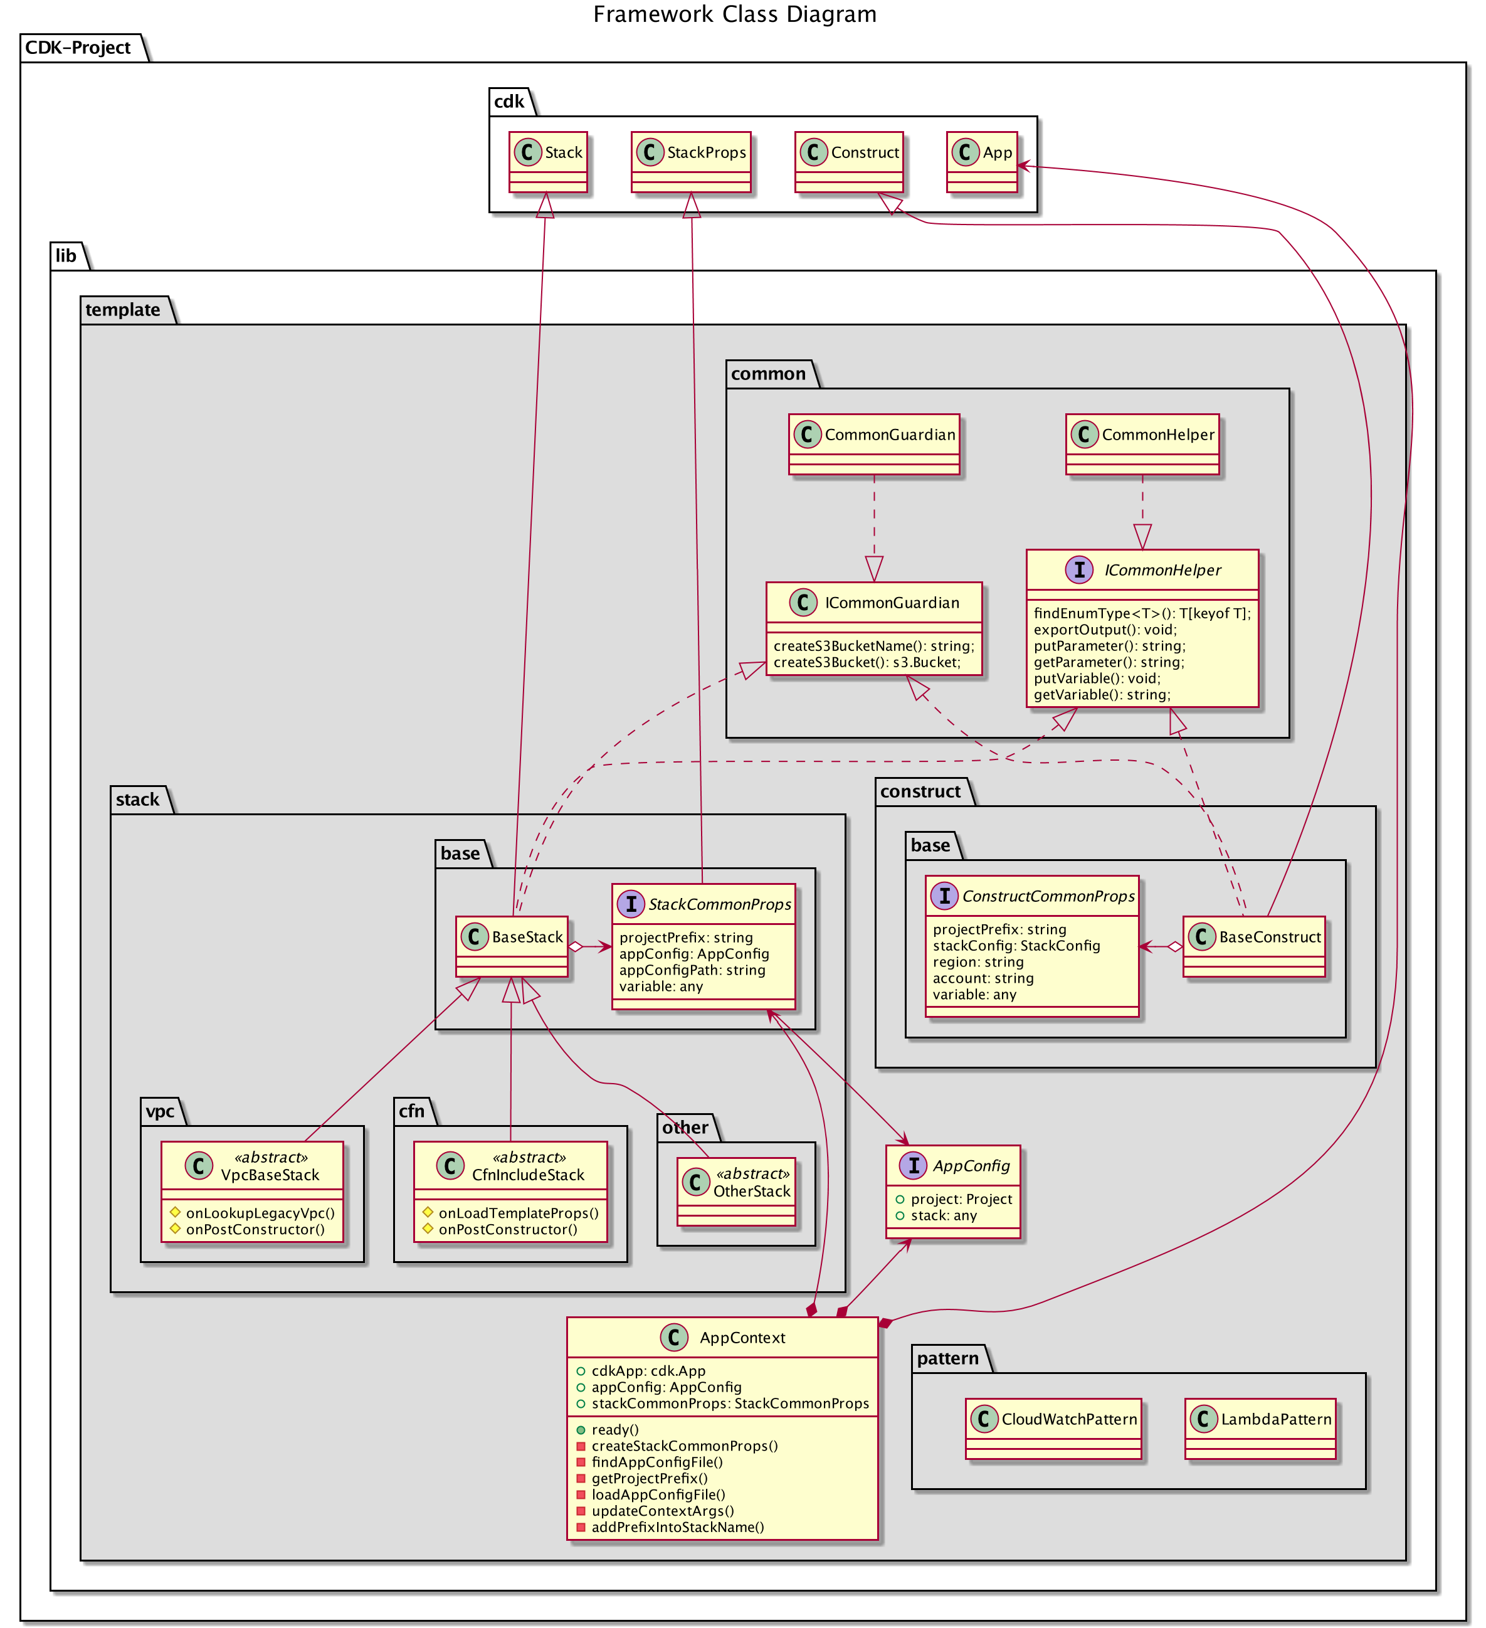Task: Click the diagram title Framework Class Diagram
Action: tap(734, 14)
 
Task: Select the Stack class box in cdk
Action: tap(547, 162)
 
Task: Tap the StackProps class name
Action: tap(706, 152)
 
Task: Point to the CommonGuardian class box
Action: tap(874, 444)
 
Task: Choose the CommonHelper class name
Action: tap(1157, 435)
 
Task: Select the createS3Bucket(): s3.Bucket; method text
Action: tap(867, 662)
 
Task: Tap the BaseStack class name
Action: tap(527, 937)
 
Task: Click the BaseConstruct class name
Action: tap(1269, 937)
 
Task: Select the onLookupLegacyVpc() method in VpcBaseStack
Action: tap(259, 1213)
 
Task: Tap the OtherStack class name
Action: tap(751, 1191)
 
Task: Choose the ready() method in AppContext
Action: tap(614, 1429)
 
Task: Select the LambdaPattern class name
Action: tap(1275, 1419)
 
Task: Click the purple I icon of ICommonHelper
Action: tap(1078, 569)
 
